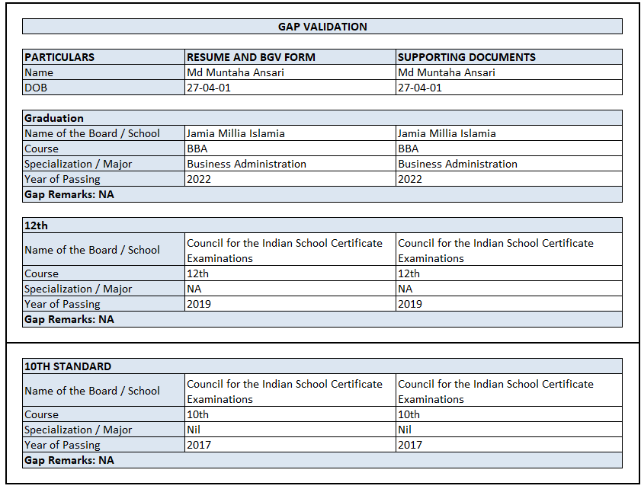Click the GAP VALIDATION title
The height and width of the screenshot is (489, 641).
point(322,27)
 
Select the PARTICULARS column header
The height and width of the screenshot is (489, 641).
point(59,57)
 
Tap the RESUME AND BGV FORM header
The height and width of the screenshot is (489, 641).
point(251,57)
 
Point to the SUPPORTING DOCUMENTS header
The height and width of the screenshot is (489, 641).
point(466,57)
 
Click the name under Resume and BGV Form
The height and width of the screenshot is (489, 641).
point(236,72)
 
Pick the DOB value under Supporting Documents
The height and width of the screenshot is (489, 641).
point(419,88)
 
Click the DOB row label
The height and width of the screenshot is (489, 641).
point(35,88)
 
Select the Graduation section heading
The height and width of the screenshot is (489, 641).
point(54,118)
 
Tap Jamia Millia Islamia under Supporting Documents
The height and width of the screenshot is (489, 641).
point(447,133)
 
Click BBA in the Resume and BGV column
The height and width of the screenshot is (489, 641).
point(197,149)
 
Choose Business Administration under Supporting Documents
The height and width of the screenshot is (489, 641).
point(457,164)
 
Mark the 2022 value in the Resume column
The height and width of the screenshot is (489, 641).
point(199,179)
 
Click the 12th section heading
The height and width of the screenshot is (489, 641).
point(36,226)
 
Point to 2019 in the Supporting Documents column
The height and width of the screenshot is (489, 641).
point(410,304)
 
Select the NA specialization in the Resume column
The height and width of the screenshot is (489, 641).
point(194,289)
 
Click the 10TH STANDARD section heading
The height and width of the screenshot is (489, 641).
point(68,366)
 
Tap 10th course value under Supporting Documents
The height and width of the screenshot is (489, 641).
point(409,414)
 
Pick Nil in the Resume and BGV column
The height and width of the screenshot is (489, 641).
point(194,430)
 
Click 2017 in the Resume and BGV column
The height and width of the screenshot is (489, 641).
point(199,445)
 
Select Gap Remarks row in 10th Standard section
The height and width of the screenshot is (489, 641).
point(69,460)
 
